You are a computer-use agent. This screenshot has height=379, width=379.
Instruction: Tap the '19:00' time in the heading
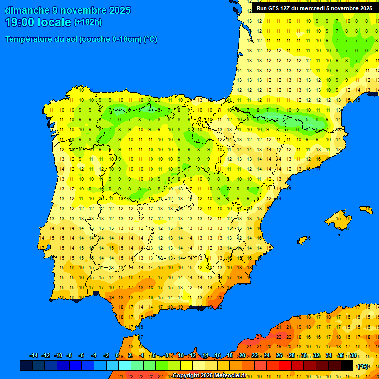click(x=20, y=22)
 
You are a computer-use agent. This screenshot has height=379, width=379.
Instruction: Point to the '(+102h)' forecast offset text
click(x=88, y=22)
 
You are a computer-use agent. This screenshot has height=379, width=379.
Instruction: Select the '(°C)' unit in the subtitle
click(x=151, y=39)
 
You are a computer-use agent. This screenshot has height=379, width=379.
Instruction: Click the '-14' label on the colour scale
click(x=34, y=356)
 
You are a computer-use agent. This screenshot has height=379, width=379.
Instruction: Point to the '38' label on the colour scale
click(x=353, y=356)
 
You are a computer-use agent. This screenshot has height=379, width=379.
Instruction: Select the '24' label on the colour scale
click(x=267, y=356)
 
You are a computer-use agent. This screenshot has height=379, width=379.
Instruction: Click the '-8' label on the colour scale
click(x=69, y=356)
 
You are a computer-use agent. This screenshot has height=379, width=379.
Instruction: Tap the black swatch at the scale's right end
click(x=347, y=365)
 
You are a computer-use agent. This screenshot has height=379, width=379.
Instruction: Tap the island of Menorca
click(x=366, y=210)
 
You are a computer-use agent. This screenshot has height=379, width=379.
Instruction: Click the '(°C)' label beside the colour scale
click(x=363, y=366)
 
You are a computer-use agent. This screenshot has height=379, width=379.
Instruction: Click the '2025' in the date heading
click(x=120, y=10)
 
